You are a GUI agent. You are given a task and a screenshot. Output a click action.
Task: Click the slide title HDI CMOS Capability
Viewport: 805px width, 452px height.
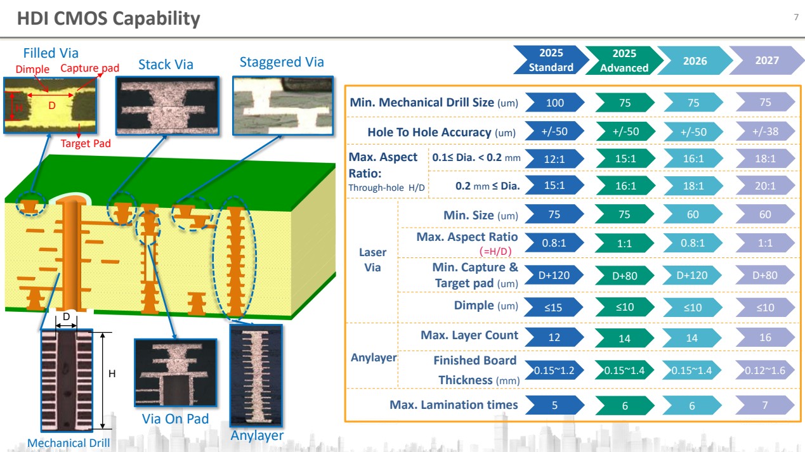(108, 18)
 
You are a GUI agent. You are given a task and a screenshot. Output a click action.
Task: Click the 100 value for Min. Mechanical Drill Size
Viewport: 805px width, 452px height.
(554, 102)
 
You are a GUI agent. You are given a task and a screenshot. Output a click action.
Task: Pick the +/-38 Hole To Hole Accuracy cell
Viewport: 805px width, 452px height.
(764, 132)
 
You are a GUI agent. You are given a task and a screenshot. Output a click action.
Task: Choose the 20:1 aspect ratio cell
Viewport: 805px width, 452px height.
(764, 186)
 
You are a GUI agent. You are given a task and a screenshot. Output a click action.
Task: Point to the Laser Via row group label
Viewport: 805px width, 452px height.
(372, 260)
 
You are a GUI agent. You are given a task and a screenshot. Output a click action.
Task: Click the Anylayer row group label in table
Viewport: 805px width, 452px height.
(373, 358)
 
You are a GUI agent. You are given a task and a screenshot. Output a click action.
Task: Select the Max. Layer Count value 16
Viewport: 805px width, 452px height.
(764, 337)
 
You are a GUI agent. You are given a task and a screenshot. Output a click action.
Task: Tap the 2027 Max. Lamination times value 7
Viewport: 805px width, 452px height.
(764, 405)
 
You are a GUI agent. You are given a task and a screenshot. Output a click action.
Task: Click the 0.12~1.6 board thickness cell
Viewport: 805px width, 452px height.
(764, 370)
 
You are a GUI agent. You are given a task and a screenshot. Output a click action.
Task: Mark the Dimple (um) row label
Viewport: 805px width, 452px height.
(486, 306)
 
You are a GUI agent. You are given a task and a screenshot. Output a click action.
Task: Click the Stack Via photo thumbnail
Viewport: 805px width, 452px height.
(166, 106)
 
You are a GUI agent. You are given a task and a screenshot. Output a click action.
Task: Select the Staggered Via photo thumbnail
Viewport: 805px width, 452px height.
(282, 106)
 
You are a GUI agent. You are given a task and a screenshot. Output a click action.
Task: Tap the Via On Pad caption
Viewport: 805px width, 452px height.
(175, 419)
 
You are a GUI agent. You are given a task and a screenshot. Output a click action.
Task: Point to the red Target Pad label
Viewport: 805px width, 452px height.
(86, 143)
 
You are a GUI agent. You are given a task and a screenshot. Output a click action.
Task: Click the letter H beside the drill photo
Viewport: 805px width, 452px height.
(112, 374)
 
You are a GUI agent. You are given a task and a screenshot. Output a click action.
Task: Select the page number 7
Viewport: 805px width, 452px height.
(795, 17)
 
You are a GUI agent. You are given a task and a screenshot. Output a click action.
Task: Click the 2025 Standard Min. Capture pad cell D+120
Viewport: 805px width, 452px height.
(554, 274)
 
